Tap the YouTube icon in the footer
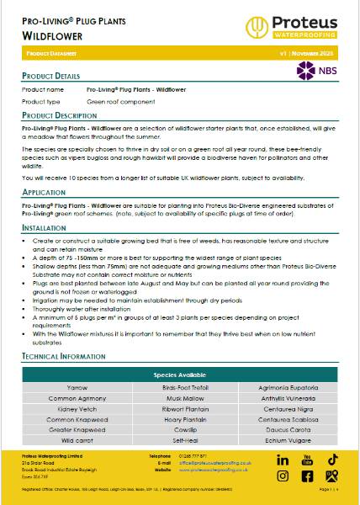307,460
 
